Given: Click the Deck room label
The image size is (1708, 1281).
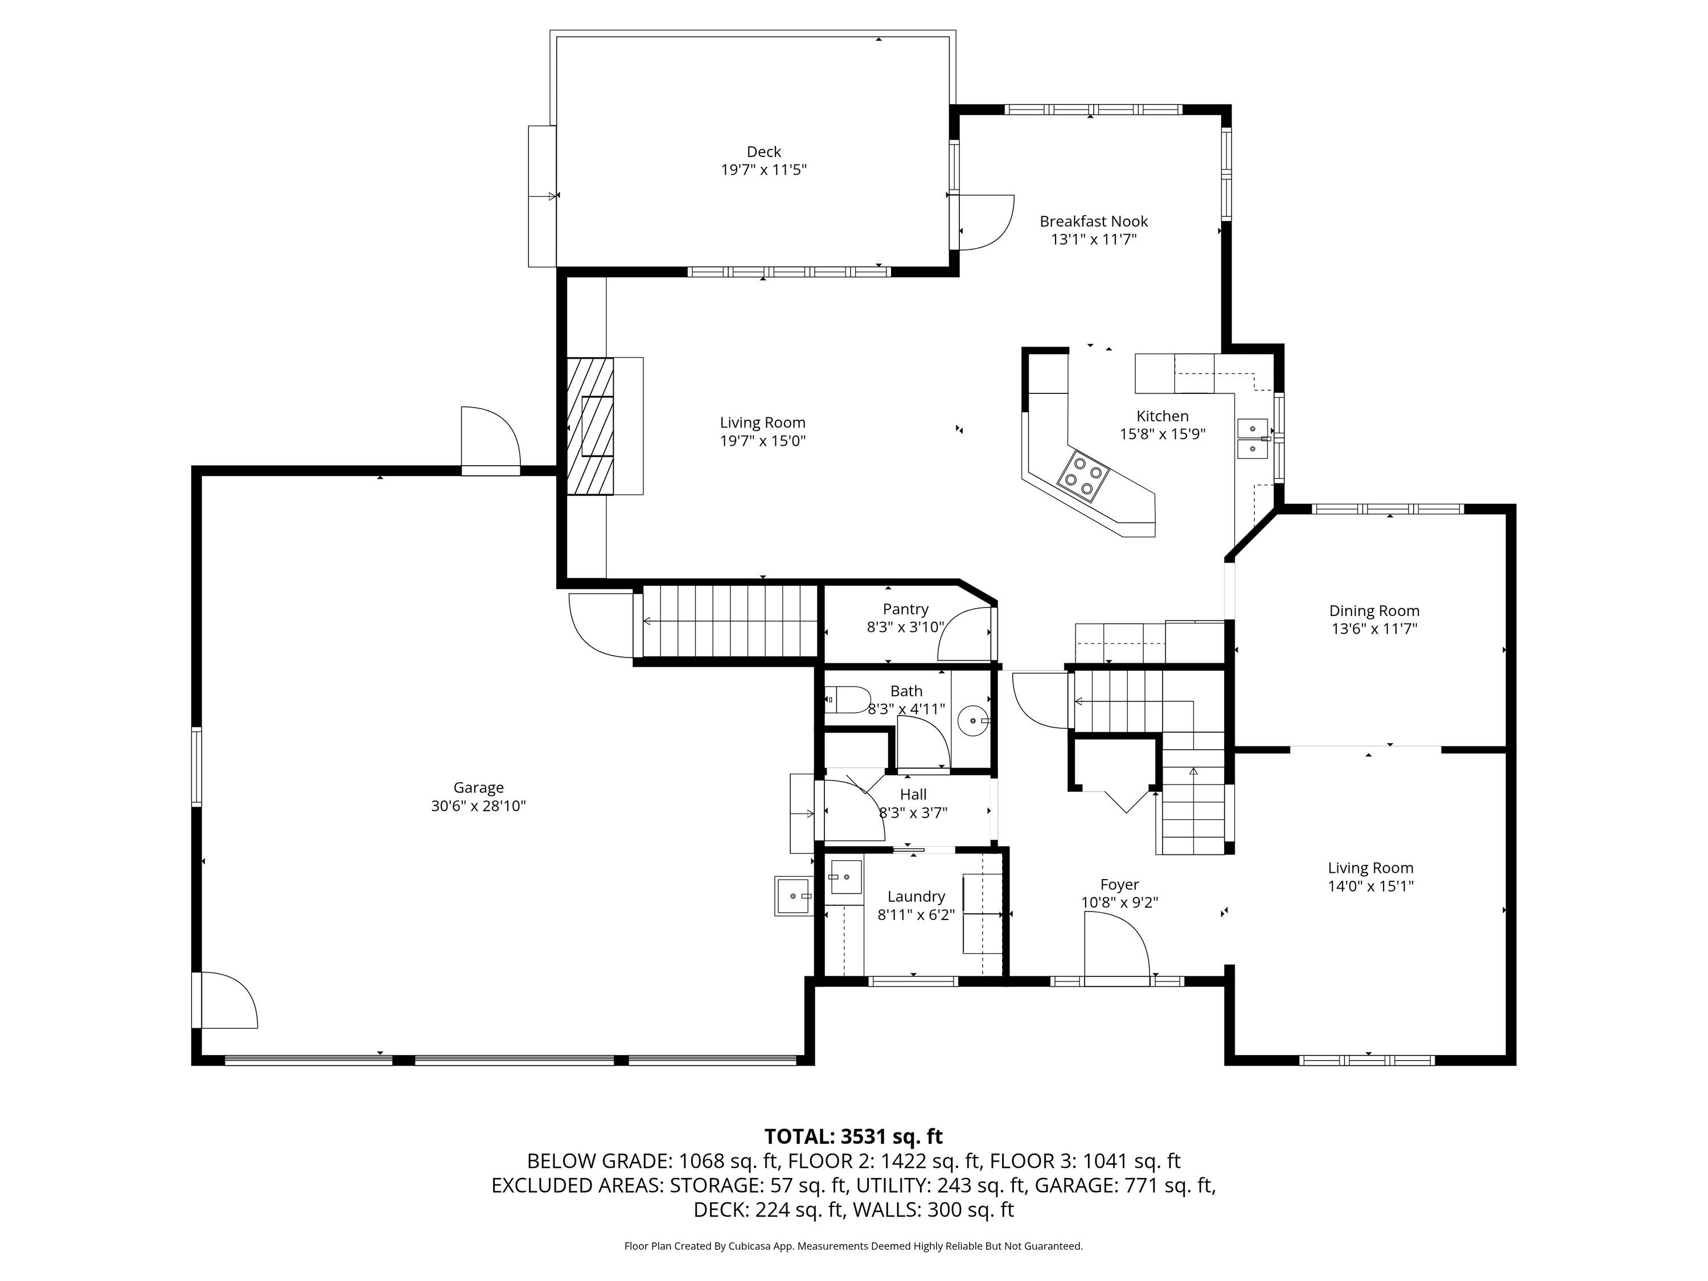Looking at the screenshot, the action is [x=763, y=152].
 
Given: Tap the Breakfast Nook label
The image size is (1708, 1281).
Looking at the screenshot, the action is [x=1093, y=221].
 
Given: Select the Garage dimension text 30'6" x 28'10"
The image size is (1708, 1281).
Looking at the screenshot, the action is [x=479, y=806].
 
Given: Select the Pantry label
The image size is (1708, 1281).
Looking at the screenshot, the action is [x=906, y=609].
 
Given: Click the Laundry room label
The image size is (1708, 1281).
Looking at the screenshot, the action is [x=915, y=897].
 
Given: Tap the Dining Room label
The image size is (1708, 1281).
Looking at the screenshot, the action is [x=1374, y=611].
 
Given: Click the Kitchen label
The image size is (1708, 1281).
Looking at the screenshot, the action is [x=1162, y=416].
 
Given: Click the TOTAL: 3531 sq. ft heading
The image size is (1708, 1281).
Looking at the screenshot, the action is [x=853, y=1136].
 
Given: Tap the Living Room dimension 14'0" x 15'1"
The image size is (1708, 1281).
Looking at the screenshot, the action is [x=1370, y=886].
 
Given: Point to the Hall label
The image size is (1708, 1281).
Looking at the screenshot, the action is [x=913, y=795].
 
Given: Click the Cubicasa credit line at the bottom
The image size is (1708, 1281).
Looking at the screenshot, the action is [x=853, y=1246].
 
